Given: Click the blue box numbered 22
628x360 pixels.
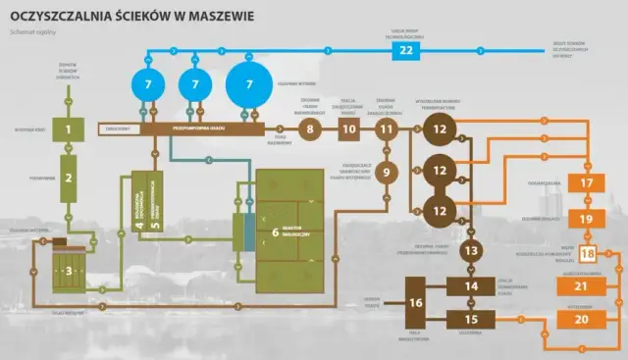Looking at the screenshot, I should (406, 51).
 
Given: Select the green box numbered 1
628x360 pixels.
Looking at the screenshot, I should (69, 129).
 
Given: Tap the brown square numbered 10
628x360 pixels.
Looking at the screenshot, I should (349, 129).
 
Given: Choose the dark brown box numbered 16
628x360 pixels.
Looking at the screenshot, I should (416, 302).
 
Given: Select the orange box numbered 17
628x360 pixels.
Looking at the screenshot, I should (587, 183).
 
